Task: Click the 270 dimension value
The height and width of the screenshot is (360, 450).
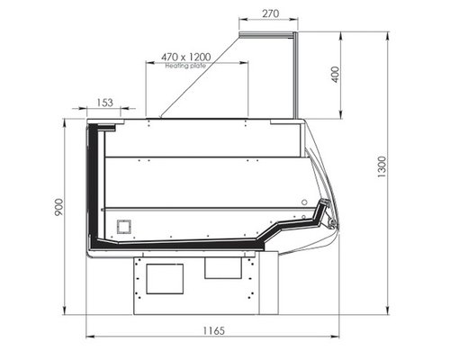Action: coord(271,13)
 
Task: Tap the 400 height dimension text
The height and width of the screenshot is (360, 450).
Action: coord(336,75)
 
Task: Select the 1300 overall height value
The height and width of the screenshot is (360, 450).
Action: coord(382,166)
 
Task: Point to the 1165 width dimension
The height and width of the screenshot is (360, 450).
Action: coord(213,330)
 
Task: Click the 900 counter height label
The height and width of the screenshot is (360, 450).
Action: coord(58,207)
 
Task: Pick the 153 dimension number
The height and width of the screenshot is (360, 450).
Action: coord(105,103)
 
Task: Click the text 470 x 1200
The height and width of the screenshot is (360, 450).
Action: coord(186,57)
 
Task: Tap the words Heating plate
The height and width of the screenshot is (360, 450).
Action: coord(185,66)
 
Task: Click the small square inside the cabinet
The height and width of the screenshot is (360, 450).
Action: coord(124,227)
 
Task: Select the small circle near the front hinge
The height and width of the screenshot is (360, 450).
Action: coord(304,202)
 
